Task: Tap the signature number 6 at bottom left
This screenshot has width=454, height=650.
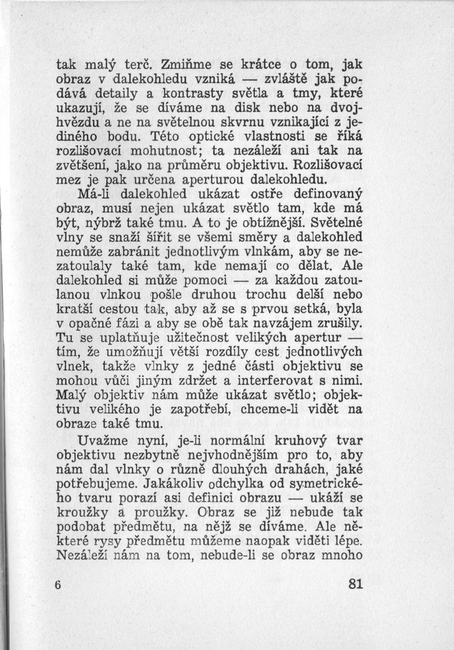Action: (58, 584)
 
